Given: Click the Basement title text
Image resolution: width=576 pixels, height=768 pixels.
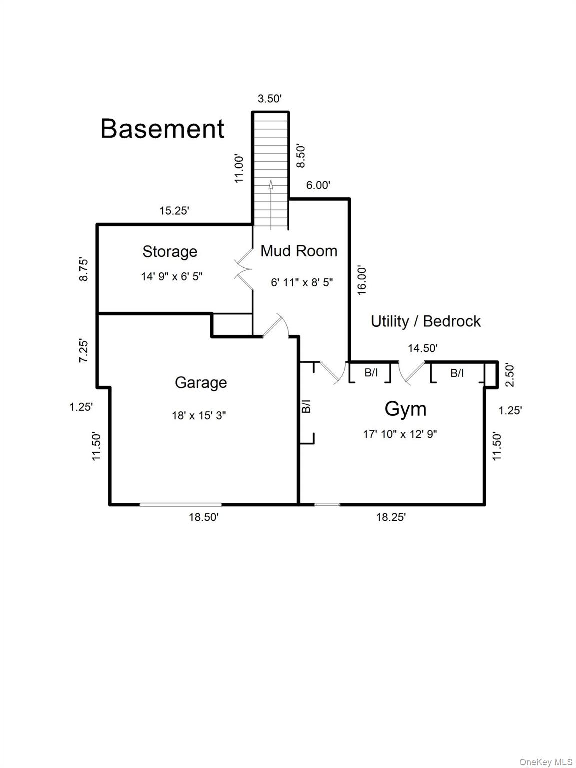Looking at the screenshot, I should click(x=162, y=128).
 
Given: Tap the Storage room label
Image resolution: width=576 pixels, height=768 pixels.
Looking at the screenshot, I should click(x=170, y=251).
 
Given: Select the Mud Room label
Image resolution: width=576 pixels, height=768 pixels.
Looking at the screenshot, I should click(x=299, y=250).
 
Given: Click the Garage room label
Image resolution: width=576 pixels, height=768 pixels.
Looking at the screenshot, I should click(x=201, y=382).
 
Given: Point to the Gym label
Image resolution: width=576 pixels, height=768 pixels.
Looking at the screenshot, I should click(x=405, y=409).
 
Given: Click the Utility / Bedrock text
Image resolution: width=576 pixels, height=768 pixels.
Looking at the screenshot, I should click(x=425, y=321).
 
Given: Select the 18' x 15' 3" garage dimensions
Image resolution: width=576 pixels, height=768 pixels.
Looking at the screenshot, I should click(x=199, y=415).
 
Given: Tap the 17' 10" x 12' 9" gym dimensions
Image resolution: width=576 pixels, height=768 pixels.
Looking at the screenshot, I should click(x=400, y=434).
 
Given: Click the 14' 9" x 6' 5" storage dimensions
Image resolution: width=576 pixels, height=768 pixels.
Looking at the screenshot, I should click(x=172, y=276).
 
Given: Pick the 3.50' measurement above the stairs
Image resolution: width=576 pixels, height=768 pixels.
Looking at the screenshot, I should click(x=270, y=99).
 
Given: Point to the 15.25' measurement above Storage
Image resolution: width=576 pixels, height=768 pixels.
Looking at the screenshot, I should click(x=174, y=211).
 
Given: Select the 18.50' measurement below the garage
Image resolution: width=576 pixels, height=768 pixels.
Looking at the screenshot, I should click(x=203, y=517).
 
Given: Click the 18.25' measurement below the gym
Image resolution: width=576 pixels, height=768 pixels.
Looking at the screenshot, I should click(x=391, y=517).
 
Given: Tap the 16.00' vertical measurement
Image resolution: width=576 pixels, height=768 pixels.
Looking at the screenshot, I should click(x=362, y=280).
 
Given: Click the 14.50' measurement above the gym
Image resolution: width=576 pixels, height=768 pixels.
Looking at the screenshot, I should click(x=423, y=348).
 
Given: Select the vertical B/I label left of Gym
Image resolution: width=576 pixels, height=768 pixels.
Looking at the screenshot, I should click(x=307, y=406).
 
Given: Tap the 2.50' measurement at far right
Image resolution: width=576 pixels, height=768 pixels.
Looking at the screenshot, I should click(x=510, y=375).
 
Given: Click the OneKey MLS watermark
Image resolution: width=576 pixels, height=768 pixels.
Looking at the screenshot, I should click(x=546, y=762).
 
